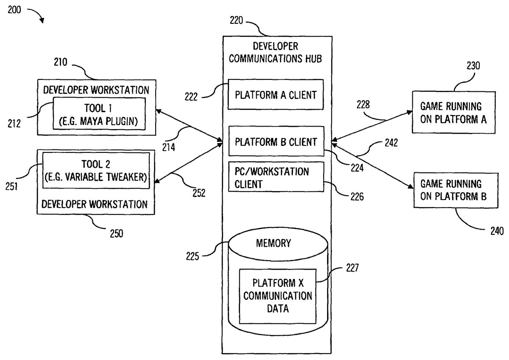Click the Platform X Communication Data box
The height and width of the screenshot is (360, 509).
coord(278,296)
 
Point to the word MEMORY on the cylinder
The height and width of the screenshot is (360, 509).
coord(274,244)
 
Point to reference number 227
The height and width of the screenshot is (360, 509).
coord(352,268)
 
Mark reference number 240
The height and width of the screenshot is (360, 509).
coord(495,231)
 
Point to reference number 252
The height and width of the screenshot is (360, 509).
coord(198,193)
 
